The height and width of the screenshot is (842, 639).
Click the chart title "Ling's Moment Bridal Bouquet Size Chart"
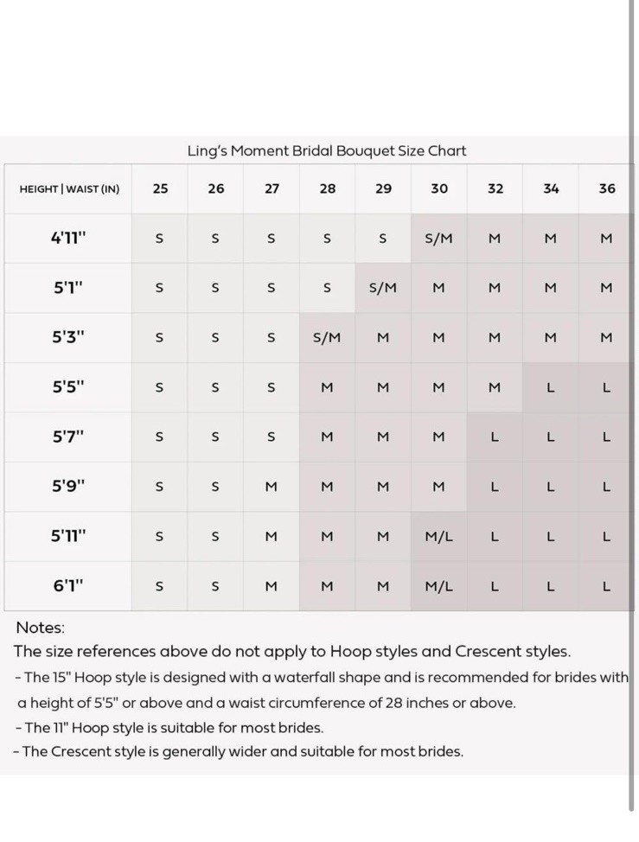pos(326,150)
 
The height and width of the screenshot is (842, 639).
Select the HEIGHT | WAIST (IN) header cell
pos(69,188)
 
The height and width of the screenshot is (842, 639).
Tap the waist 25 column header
pos(160,188)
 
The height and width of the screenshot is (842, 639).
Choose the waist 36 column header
pos(607,188)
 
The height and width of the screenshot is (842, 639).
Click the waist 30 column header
pos(439,188)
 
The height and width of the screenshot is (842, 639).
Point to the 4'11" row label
pos(68,239)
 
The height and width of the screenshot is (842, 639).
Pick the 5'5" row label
pos(68,387)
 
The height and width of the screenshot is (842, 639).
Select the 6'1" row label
pos(68,585)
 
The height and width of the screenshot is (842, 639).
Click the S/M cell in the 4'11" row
pos(438,239)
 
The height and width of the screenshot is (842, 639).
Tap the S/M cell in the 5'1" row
pos(382,288)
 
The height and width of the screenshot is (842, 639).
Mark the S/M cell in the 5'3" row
pos(326,338)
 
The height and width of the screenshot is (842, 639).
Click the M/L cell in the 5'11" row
pos(438,536)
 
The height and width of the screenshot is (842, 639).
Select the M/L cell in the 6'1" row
pos(438,585)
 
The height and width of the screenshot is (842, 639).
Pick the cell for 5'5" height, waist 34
pos(551,387)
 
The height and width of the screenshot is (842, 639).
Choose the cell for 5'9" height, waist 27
pos(271,487)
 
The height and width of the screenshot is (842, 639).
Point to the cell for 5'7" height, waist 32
pos(495,437)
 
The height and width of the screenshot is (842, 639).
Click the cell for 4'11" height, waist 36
pos(606,239)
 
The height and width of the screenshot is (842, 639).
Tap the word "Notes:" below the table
pos(40,628)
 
